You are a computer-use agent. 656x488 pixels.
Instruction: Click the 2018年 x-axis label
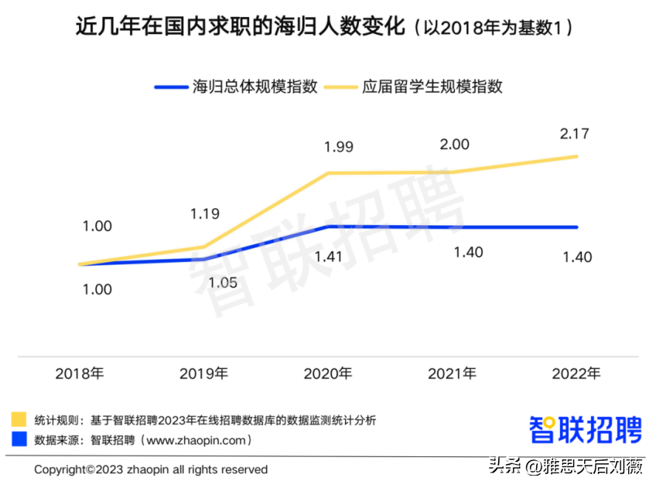[80, 374]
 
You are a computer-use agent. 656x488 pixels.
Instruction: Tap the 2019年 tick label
[203, 374]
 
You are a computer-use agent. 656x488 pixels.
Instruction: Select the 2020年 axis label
[328, 374]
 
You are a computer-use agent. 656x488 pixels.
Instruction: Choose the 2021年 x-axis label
[453, 374]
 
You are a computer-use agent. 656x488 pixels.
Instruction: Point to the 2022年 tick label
[576, 374]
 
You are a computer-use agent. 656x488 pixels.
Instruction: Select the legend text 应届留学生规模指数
[432, 87]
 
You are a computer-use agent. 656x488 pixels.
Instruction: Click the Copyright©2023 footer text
[151, 469]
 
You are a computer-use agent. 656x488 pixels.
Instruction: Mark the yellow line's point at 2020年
[328, 173]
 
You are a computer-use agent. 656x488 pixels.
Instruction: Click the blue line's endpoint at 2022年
[576, 227]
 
